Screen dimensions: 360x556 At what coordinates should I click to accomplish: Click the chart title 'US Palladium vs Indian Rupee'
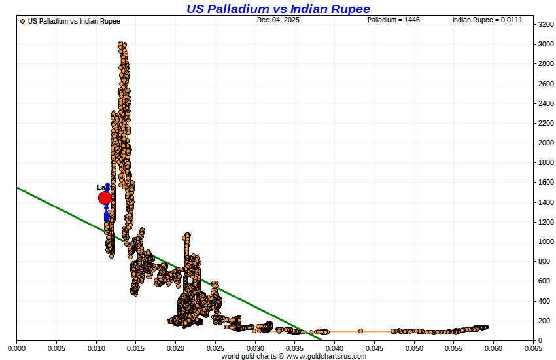coord(278,9)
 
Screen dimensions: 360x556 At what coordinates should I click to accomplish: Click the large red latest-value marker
coord(105,198)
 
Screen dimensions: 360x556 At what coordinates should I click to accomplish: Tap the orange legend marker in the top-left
coord(23,21)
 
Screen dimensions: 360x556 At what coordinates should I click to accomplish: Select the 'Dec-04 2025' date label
coord(278,20)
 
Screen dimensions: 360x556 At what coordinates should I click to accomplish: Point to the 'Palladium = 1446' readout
coord(393,20)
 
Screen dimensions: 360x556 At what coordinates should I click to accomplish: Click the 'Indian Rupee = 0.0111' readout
coord(487,20)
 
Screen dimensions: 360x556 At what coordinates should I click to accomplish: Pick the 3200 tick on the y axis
coord(546,25)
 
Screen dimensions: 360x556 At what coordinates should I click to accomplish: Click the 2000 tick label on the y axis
coord(546,143)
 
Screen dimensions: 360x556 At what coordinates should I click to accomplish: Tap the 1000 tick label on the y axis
coord(546,242)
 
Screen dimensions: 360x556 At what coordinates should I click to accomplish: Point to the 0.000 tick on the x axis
coord(16,349)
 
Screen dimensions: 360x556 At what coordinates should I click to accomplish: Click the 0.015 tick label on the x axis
coord(136,349)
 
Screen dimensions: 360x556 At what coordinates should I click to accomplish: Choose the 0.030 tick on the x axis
coord(255,349)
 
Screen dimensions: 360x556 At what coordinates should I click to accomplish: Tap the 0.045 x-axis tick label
coord(374,349)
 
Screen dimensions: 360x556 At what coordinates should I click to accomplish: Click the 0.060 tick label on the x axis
coord(493,349)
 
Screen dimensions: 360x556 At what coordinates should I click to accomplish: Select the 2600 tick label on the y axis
coord(546,84)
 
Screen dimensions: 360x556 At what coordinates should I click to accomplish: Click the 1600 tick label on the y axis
coord(546,183)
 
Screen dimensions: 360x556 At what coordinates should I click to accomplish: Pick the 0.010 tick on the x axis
coord(96,349)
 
